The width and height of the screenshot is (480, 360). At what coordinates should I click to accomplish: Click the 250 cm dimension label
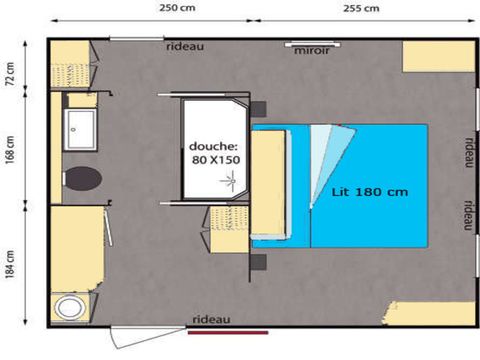coord(176,9)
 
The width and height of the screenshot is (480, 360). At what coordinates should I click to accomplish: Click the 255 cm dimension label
coord(360,9)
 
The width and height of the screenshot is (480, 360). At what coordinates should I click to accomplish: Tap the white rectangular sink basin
coord(79,127)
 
